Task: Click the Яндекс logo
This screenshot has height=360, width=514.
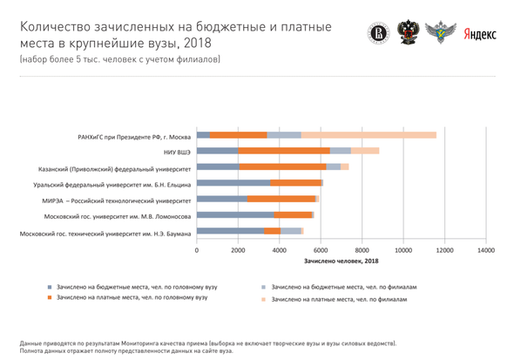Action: (x=479, y=34)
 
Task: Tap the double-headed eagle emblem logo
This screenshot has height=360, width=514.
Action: (x=408, y=32)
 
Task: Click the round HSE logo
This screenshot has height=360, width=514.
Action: (x=378, y=33)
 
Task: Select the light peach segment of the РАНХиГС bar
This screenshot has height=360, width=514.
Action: (x=369, y=135)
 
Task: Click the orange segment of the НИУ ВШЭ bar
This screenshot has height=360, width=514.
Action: (x=284, y=151)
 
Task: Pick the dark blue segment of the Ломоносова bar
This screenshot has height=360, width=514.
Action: (x=235, y=215)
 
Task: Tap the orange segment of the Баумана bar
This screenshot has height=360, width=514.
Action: (x=273, y=231)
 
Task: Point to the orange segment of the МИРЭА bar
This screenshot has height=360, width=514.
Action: (x=281, y=199)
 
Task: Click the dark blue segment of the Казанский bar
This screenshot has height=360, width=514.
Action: (x=218, y=166)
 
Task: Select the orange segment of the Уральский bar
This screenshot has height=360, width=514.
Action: (x=295, y=183)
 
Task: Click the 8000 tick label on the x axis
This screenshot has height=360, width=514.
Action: (x=362, y=250)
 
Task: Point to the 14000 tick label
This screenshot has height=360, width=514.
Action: (x=486, y=250)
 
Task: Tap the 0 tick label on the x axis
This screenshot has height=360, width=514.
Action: (x=197, y=250)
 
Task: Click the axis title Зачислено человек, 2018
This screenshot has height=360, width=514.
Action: (x=342, y=261)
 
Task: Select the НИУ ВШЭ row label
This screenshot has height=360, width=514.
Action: (x=177, y=153)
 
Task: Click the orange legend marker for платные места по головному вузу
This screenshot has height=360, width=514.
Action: (x=50, y=298)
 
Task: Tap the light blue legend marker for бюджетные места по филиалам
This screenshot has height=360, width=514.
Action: (x=263, y=288)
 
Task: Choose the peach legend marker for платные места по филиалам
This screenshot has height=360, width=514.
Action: (x=263, y=299)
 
